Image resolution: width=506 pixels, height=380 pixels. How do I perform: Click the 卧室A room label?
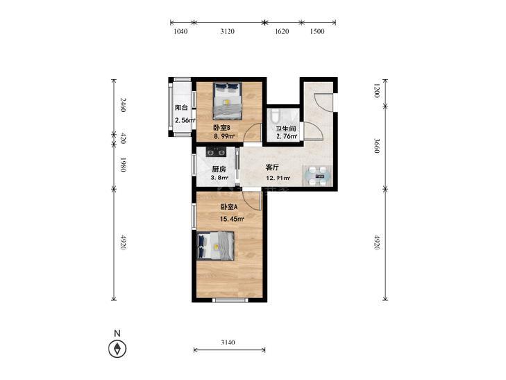coord(229,206)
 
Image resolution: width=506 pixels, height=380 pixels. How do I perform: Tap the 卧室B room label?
coord(221,127)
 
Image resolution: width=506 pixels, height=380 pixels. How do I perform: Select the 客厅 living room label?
coord(272,167)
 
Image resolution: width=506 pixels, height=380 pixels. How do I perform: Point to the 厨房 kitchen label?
coord(219,169)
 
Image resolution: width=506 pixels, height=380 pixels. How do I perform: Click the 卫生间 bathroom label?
coord(286,129)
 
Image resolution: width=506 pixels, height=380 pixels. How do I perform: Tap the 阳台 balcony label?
coord(181,108)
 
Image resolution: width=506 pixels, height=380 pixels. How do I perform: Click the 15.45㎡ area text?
coord(232,219)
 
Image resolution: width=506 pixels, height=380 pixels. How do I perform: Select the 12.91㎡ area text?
coord(278,178)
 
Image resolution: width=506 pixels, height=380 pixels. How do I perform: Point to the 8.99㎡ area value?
coord(224,136)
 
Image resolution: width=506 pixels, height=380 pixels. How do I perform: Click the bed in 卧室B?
coord(228,101)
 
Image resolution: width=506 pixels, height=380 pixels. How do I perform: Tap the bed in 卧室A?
coord(215,246)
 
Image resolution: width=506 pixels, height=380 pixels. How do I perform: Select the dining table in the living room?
coord(317,176)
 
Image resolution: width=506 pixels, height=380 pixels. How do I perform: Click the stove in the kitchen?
coord(216,151)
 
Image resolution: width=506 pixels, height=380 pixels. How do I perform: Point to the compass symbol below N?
coord(117,349)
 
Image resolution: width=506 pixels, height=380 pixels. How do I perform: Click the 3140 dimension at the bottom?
coord(228,342)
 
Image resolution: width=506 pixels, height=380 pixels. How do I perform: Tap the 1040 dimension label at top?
coord(180,31)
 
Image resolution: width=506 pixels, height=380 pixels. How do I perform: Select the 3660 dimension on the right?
coord(377,146)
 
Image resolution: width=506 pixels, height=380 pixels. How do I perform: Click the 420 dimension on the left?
coord(123,138)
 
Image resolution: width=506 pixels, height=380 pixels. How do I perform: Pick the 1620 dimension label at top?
coord(282,31)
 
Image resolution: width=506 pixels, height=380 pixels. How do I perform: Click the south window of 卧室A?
coord(230,300)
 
